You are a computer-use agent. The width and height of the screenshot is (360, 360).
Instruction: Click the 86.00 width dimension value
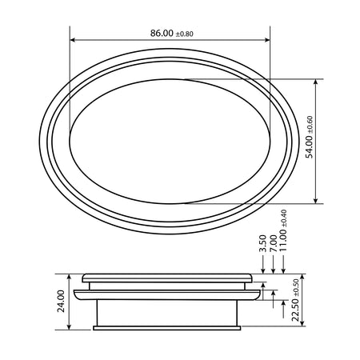(162, 33)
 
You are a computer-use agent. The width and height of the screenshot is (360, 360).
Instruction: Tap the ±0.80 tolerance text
(184, 34)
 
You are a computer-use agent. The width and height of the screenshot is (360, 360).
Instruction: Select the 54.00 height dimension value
(310, 147)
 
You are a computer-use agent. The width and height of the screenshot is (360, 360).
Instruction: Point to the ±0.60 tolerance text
(310, 125)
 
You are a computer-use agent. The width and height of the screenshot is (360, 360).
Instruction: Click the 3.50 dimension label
(263, 243)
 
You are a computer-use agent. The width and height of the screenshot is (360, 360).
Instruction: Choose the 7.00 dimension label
(274, 243)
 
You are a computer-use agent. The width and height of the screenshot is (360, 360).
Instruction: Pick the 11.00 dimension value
(283, 241)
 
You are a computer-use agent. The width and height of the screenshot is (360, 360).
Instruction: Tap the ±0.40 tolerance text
(284, 218)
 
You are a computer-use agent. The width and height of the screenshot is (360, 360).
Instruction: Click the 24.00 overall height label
(61, 301)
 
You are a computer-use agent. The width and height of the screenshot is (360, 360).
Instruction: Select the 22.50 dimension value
(295, 310)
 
